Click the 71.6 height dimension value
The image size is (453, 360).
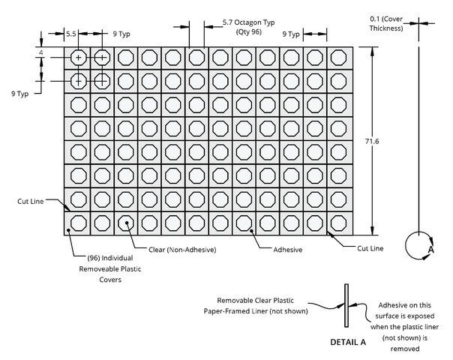[372, 141]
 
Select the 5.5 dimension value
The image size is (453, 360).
[71, 34]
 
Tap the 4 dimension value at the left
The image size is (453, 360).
[41, 52]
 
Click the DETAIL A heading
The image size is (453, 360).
[348, 343]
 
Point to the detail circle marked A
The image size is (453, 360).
[406, 245]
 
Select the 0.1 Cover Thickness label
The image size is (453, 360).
[386, 24]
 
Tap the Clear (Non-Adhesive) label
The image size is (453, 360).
[182, 250]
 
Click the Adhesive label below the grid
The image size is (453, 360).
[288, 250]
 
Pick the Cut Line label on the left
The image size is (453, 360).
[31, 202]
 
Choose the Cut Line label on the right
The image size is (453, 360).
[370, 248]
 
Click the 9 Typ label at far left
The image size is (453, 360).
[20, 94]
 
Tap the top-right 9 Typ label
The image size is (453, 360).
[291, 34]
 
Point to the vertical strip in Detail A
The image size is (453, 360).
[346, 305]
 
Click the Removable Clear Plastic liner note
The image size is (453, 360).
[256, 306]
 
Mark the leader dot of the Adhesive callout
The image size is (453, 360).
[252, 230]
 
